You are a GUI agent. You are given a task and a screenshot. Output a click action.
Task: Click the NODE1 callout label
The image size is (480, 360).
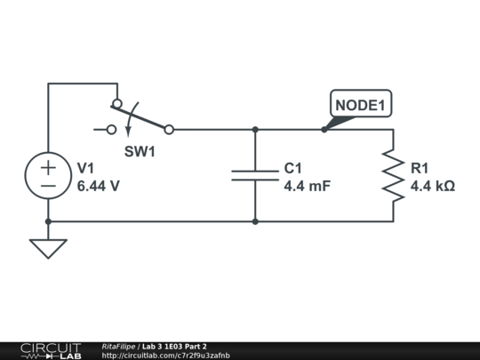coord(360,105)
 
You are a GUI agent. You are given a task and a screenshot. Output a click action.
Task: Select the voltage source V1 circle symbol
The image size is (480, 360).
coord(48,175)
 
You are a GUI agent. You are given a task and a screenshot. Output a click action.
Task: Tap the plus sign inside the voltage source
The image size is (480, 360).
coord(48,166)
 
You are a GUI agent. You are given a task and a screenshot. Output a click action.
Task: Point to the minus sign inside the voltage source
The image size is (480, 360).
coord(48,185)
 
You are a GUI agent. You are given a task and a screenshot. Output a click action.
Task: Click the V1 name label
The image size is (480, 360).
coord(86,168)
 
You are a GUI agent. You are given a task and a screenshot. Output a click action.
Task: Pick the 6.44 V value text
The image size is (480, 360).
coord(98,187)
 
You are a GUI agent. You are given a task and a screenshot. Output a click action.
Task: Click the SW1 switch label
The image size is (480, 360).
coord(140,152)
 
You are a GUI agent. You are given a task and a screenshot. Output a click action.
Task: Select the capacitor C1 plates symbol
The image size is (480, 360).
coord(255,174)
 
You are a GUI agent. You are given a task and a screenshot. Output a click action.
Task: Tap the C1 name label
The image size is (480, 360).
coord(293,168)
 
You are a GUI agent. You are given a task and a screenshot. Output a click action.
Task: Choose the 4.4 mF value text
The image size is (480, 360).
coord(307,187)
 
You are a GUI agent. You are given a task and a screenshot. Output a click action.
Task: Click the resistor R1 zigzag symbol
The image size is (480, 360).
coord(393,174)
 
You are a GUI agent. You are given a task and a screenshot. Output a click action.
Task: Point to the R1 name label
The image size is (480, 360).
coord(420,168)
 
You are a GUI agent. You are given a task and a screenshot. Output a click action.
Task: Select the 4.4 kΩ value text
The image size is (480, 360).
coord(432,187)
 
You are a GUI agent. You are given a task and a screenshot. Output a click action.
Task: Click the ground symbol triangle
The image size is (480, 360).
coord(48,248)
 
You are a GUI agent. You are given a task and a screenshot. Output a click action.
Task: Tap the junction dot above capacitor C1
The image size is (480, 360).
coord(255,129)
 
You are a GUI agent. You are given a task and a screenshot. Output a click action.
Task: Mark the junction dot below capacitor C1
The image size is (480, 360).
coord(255,221)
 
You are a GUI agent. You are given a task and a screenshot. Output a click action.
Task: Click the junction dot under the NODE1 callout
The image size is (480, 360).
coord(324,129)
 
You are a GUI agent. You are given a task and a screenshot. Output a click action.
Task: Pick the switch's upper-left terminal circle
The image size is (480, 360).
coord(116,103)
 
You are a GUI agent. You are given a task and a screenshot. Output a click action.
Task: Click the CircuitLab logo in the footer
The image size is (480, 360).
coord(51,350)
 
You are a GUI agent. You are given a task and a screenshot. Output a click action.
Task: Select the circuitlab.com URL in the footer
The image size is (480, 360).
coord(165,356)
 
